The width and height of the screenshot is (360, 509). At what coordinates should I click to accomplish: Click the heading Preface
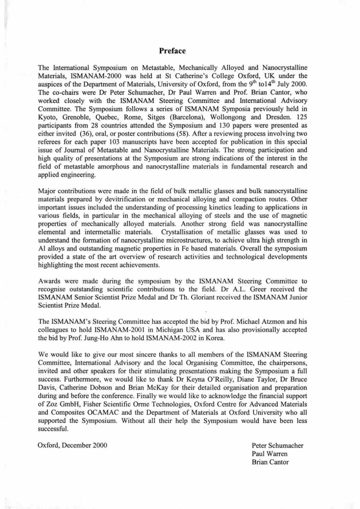[173, 51]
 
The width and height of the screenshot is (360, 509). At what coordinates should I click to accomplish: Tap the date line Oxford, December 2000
[73, 445]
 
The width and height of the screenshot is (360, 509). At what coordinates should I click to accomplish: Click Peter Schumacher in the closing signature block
[278, 445]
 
